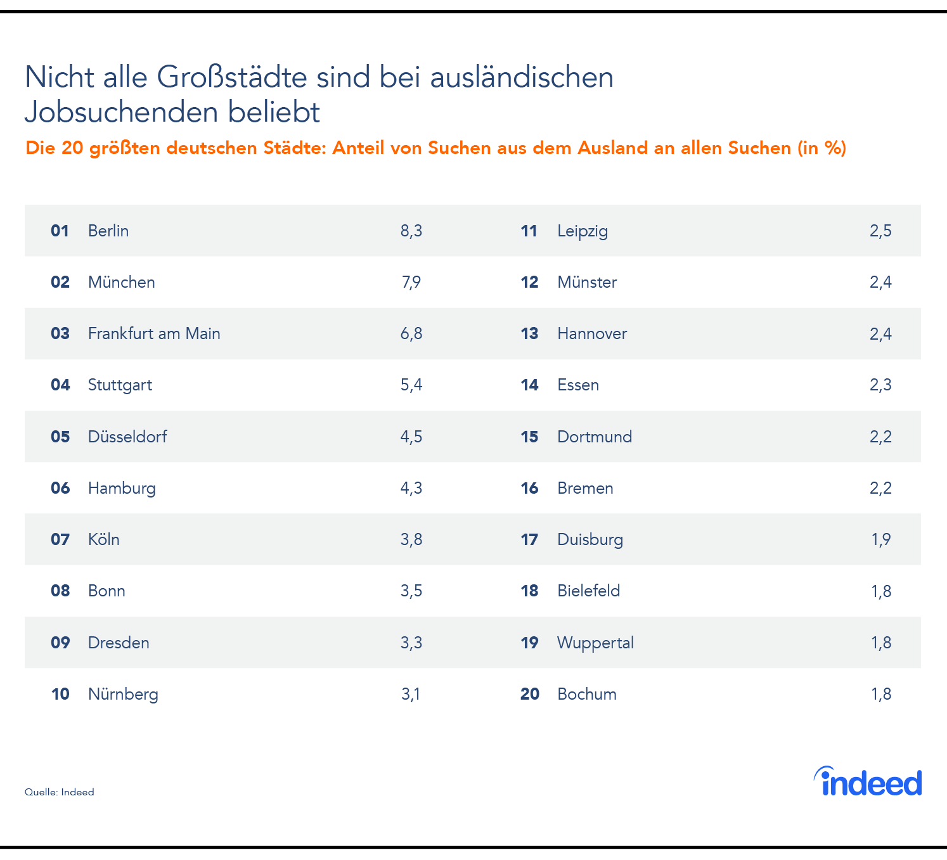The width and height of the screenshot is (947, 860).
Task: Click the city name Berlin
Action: tap(108, 231)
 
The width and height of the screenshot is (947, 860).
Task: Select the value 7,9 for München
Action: tap(411, 282)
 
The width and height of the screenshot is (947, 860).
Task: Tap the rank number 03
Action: tap(60, 333)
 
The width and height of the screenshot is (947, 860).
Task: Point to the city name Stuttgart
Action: tap(120, 385)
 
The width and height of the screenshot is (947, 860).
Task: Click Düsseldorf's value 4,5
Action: tap(411, 437)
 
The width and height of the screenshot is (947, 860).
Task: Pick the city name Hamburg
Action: tap(122, 488)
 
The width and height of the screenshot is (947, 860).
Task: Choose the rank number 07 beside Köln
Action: tap(60, 539)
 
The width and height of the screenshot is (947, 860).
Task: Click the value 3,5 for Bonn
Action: tap(411, 591)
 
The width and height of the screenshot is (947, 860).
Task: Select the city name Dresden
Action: tap(119, 643)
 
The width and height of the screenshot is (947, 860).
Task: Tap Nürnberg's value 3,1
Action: tap(411, 694)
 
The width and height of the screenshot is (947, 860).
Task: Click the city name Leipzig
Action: tap(583, 231)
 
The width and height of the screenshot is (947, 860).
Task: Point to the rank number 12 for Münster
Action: tap(529, 282)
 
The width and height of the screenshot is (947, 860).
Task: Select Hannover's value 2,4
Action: tap(880, 333)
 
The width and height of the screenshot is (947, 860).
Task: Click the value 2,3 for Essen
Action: tap(880, 385)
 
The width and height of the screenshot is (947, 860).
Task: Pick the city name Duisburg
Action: tap(590, 539)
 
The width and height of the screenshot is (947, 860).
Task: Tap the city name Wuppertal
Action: tap(595, 643)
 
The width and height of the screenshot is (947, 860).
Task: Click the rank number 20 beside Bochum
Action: tap(529, 694)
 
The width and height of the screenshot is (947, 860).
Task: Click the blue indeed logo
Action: tap(868, 782)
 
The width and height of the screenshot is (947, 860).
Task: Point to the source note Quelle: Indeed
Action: tap(60, 792)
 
